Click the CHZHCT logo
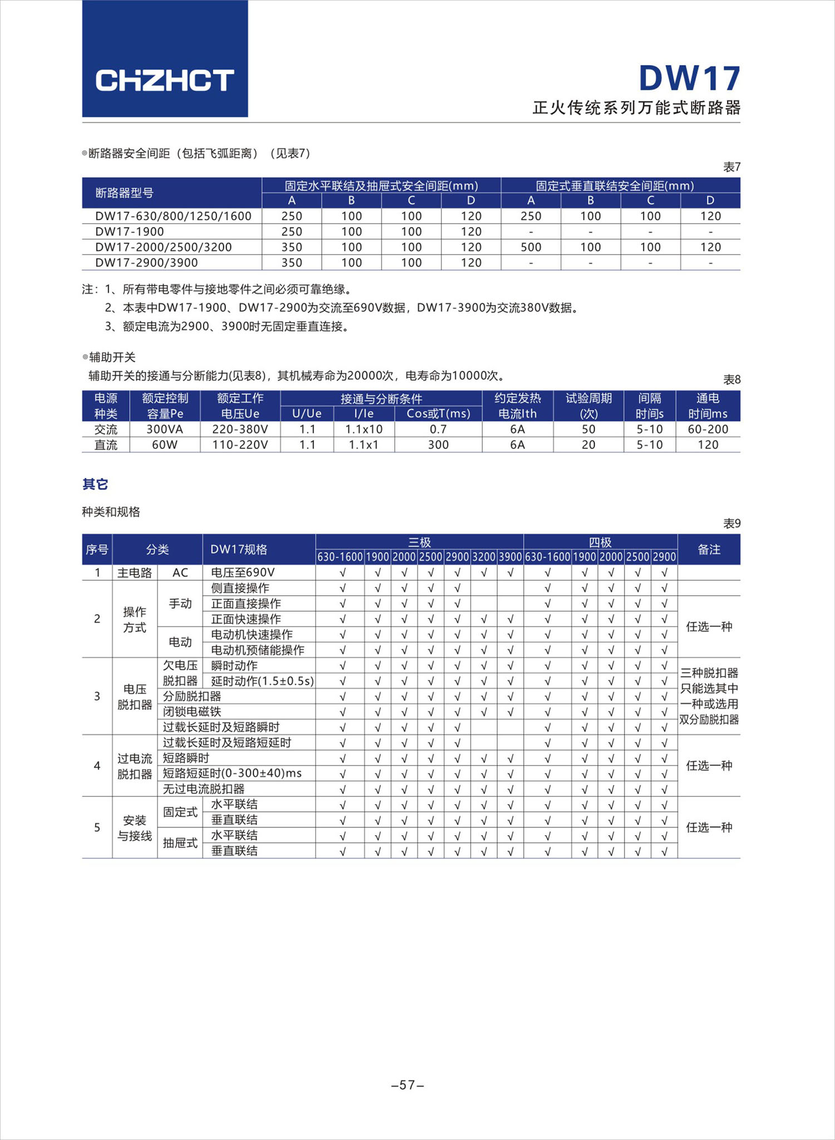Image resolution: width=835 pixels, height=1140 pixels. pyautogui.click(x=165, y=81)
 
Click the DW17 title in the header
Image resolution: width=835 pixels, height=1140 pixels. pyautogui.click(x=689, y=78)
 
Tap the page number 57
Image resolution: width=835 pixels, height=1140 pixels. pyautogui.click(x=408, y=1085)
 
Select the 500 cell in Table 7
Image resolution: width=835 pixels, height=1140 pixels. pyautogui.click(x=531, y=247)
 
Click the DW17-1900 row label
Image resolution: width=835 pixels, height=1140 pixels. pyautogui.click(x=130, y=231)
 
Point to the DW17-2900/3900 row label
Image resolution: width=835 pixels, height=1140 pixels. pyautogui.click(x=146, y=263)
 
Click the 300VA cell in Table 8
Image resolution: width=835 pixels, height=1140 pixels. pyautogui.click(x=165, y=429)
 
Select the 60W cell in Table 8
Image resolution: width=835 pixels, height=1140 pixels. pyautogui.click(x=165, y=445)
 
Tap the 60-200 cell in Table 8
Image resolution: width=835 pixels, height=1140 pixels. pyautogui.click(x=708, y=429)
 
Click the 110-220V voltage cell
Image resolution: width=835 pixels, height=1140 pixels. pyautogui.click(x=240, y=445)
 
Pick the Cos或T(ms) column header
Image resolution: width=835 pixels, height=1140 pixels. pyautogui.click(x=438, y=413)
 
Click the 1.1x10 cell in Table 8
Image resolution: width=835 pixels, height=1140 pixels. pyautogui.click(x=364, y=429)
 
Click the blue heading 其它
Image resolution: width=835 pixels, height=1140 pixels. pyautogui.click(x=95, y=484)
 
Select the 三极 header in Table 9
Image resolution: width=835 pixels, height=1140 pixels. pyautogui.click(x=419, y=542)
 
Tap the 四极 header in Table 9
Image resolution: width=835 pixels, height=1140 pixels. pyautogui.click(x=600, y=542)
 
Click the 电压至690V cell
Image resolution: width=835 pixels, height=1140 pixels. pyautogui.click(x=243, y=573)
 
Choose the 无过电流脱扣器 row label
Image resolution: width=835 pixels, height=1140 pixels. pyautogui.click(x=204, y=789)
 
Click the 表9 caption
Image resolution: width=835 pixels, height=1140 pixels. pyautogui.click(x=731, y=524)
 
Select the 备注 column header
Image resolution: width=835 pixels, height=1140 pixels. pyautogui.click(x=709, y=550)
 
